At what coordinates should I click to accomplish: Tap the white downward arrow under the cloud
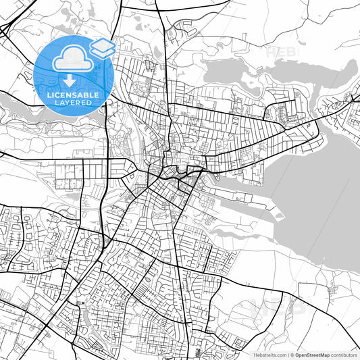[x=70, y=81]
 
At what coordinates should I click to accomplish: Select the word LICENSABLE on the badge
[x=72, y=95]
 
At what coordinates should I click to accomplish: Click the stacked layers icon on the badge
[x=103, y=47]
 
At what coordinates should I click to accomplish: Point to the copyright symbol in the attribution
[x=290, y=354]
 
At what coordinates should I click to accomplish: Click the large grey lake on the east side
[x=317, y=203]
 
